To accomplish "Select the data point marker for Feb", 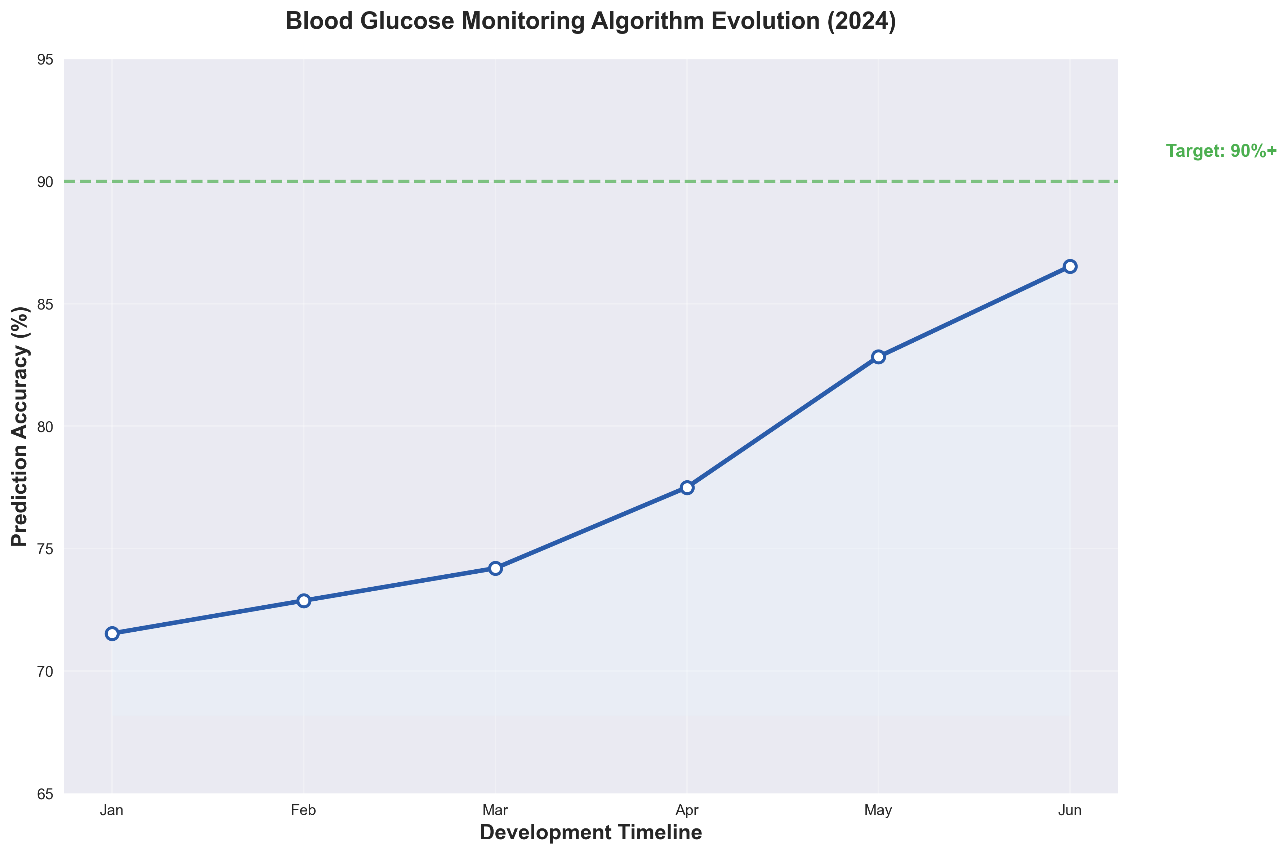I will click(304, 601).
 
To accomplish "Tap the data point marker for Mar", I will click(495, 569).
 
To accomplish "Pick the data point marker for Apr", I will click(687, 488).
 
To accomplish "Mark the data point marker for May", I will click(878, 357).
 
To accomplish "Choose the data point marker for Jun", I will click(1070, 266).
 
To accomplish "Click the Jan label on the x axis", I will click(112, 810).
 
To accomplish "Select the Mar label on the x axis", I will click(495, 810).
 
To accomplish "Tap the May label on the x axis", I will click(878, 810).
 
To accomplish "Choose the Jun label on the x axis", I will click(1070, 810).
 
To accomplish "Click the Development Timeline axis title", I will click(591, 833).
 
